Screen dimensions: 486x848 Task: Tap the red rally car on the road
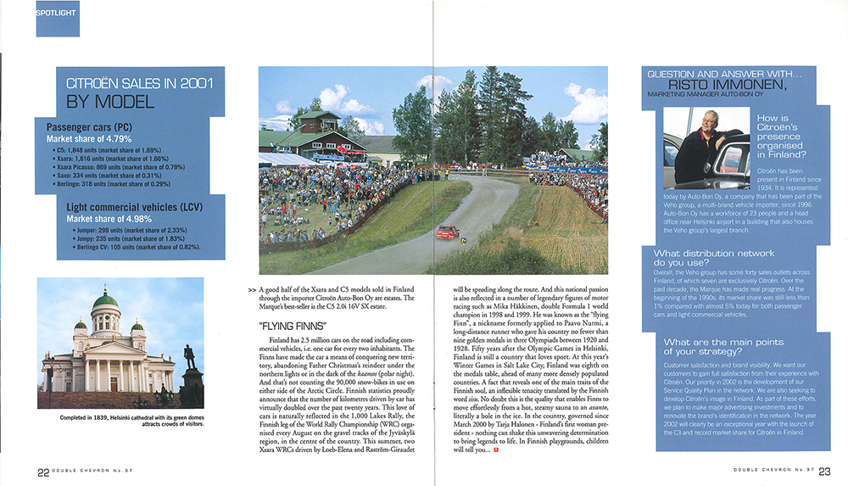coord(447,232)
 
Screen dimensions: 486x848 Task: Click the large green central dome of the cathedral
coord(104,299)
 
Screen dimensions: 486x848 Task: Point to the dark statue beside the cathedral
coord(190,355)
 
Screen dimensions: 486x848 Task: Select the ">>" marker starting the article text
coord(251,290)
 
